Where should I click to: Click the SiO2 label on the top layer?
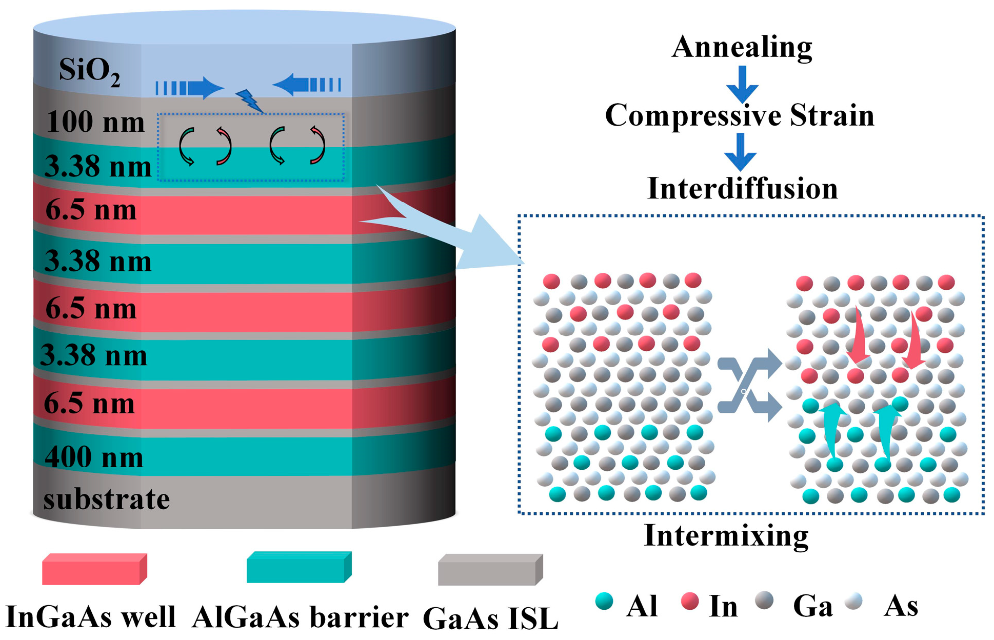(89, 71)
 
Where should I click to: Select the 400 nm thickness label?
(94, 457)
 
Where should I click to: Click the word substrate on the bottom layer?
(106, 499)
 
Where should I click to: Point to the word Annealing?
(742, 47)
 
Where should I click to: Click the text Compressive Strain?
(740, 115)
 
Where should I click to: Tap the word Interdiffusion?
(742, 188)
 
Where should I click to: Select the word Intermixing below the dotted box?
(726, 535)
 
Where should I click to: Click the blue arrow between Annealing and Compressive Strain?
(742, 85)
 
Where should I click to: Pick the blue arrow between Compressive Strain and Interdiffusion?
(740, 152)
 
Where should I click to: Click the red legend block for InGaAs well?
(94, 569)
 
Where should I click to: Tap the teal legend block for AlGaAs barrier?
(299, 567)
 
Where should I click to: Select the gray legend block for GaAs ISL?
(490, 569)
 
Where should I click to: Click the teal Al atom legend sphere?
(604, 601)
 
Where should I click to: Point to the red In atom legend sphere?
(690, 601)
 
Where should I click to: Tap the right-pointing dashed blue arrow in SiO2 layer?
(190, 88)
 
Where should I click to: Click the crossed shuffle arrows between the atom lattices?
(749, 385)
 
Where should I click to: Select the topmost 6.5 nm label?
(91, 211)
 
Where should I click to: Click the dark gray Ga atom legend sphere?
(764, 600)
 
